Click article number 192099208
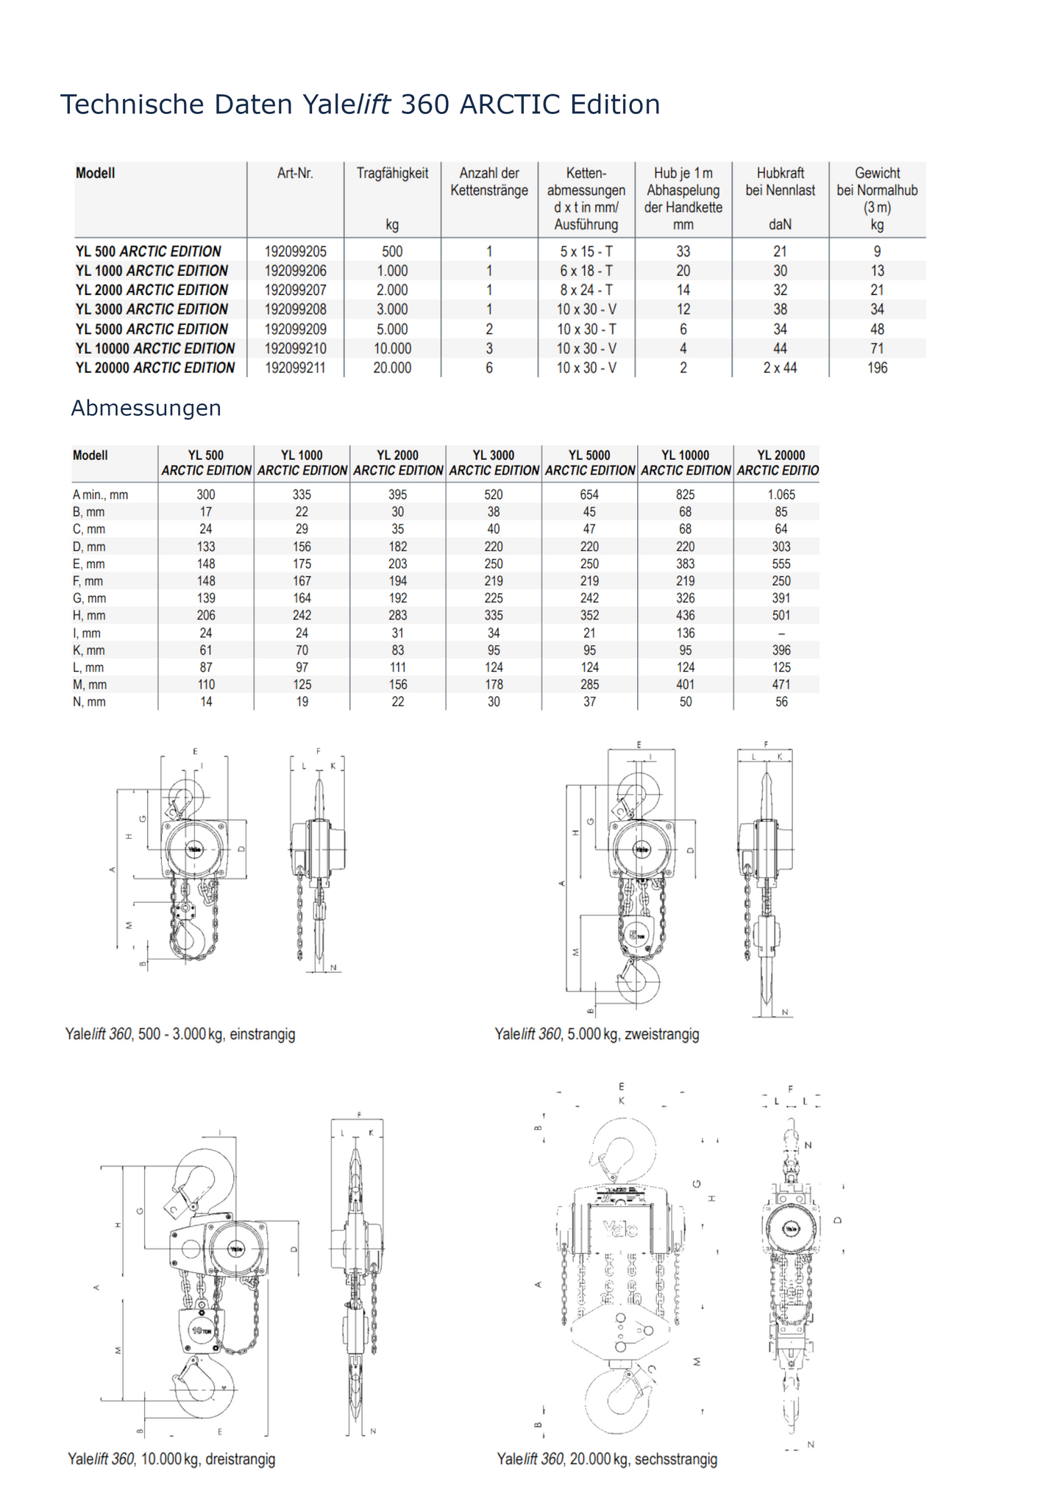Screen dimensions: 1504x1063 pyautogui.click(x=295, y=310)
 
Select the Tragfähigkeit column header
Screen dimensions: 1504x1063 pyautogui.click(x=392, y=174)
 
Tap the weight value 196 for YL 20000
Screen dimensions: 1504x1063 pyautogui.click(x=877, y=368)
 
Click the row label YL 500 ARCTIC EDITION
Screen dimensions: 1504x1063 pyautogui.click(x=148, y=252)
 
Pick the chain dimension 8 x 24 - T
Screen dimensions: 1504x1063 pyautogui.click(x=586, y=291)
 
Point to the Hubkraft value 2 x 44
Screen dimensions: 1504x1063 pyautogui.click(x=780, y=368)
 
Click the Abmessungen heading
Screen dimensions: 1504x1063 pyautogui.click(x=146, y=408)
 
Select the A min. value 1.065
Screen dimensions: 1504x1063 pyautogui.click(x=781, y=494)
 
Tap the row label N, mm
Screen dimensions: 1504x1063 pyautogui.click(x=89, y=702)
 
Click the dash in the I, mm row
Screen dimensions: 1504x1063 pyautogui.click(x=781, y=634)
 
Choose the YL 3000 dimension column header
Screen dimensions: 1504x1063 pyautogui.click(x=494, y=463)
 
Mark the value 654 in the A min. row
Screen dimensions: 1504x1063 pyautogui.click(x=589, y=494)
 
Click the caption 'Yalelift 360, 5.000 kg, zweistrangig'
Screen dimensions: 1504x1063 pyautogui.click(x=597, y=1034)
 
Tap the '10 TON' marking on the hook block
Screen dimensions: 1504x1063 pyautogui.click(x=202, y=1330)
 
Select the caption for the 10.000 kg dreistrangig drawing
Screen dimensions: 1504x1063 pyautogui.click(x=171, y=1459)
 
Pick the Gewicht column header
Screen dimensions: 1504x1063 pyautogui.click(x=877, y=174)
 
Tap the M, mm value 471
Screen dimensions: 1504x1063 pyautogui.click(x=781, y=685)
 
